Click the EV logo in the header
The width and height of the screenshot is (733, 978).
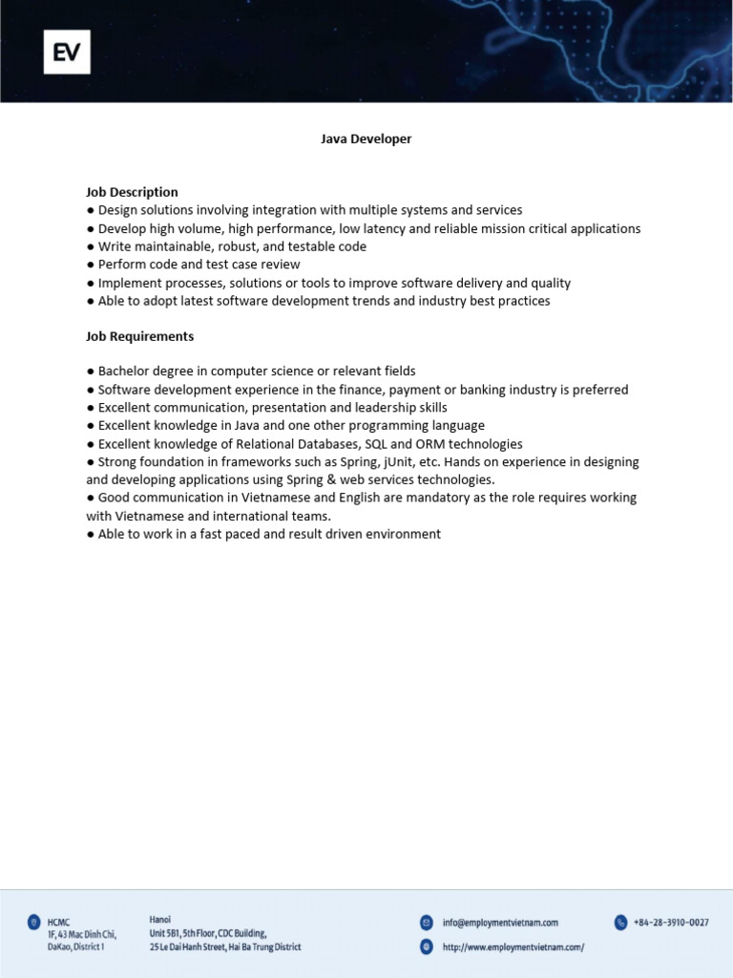coord(66,52)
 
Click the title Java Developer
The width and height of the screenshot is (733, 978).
coord(366,139)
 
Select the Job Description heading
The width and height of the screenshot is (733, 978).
coord(132,192)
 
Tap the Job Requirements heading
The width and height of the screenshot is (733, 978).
coord(139,336)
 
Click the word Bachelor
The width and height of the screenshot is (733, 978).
coord(126,372)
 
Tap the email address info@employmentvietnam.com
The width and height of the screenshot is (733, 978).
coord(500,923)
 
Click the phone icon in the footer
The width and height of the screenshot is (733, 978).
coord(621,923)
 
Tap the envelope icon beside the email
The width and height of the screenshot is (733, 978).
coord(426,923)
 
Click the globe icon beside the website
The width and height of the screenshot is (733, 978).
coord(426,946)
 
